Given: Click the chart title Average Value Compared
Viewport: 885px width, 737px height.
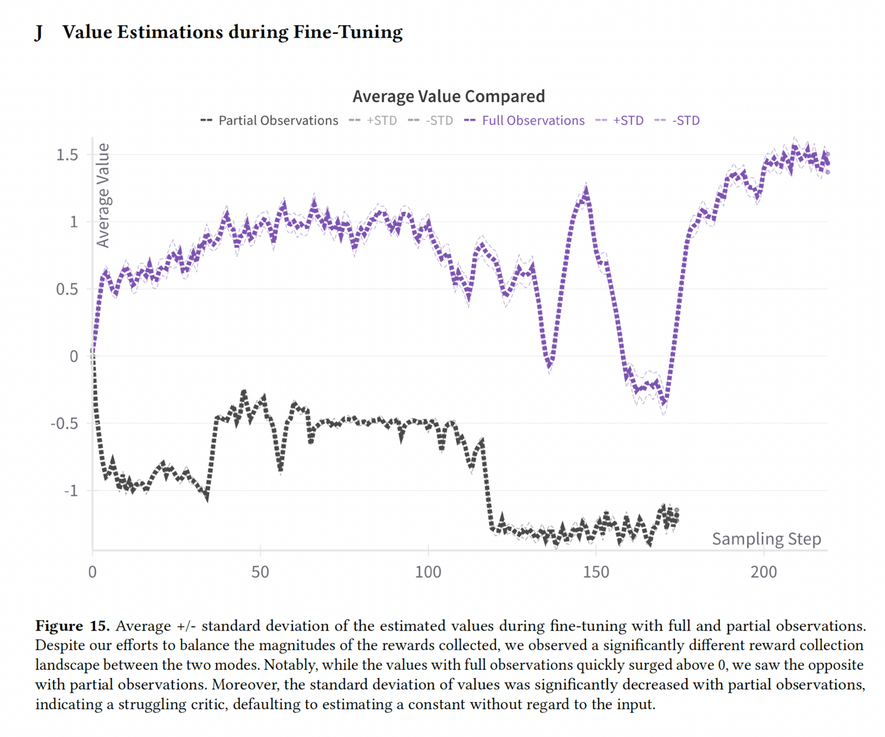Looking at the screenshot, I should (x=448, y=96).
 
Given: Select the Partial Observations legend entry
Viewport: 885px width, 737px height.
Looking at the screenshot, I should (x=278, y=121).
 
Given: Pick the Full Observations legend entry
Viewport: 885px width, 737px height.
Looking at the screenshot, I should (x=533, y=121).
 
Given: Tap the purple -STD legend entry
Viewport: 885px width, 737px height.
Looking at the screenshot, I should (x=685, y=121).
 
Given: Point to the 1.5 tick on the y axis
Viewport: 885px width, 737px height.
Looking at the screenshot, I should (x=67, y=155).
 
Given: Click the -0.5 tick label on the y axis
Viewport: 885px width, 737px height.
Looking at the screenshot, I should (x=64, y=424).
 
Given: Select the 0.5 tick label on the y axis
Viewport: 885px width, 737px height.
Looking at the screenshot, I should (x=67, y=289).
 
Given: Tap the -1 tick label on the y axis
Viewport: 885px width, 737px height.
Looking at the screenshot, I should (x=71, y=491).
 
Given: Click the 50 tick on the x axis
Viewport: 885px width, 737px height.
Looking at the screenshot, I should (x=260, y=572).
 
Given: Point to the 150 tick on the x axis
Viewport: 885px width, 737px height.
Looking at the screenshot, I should (x=596, y=572).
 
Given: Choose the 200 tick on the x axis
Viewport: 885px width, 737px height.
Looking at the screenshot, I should (x=763, y=572).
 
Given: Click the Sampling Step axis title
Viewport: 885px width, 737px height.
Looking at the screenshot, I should (x=766, y=539).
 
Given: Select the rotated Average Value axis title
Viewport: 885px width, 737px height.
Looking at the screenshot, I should (x=103, y=195).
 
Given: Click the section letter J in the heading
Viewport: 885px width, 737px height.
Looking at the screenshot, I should (x=39, y=33).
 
